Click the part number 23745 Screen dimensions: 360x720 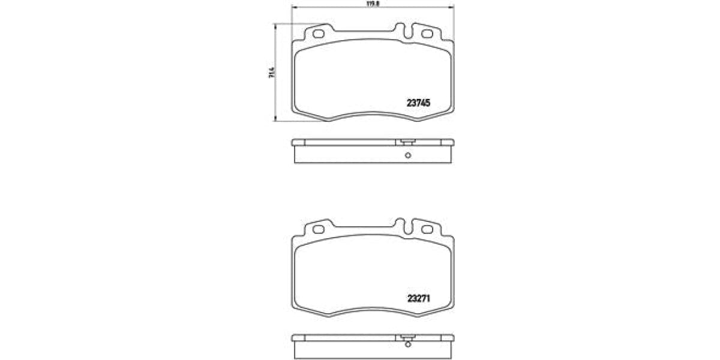pyautogui.click(x=419, y=103)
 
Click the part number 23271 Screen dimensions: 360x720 pyautogui.click(x=419, y=296)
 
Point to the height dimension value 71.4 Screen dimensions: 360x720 pyautogui.click(x=272, y=73)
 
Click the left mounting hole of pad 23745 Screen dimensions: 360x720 pyautogui.click(x=319, y=34)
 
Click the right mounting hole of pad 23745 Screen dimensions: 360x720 pyautogui.click(x=427, y=34)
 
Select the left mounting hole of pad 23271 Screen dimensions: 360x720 pyautogui.click(x=319, y=229)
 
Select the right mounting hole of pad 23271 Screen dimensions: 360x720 pyautogui.click(x=427, y=229)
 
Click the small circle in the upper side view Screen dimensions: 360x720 pyautogui.click(x=407, y=157)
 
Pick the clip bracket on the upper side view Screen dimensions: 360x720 pyautogui.click(x=407, y=143)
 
